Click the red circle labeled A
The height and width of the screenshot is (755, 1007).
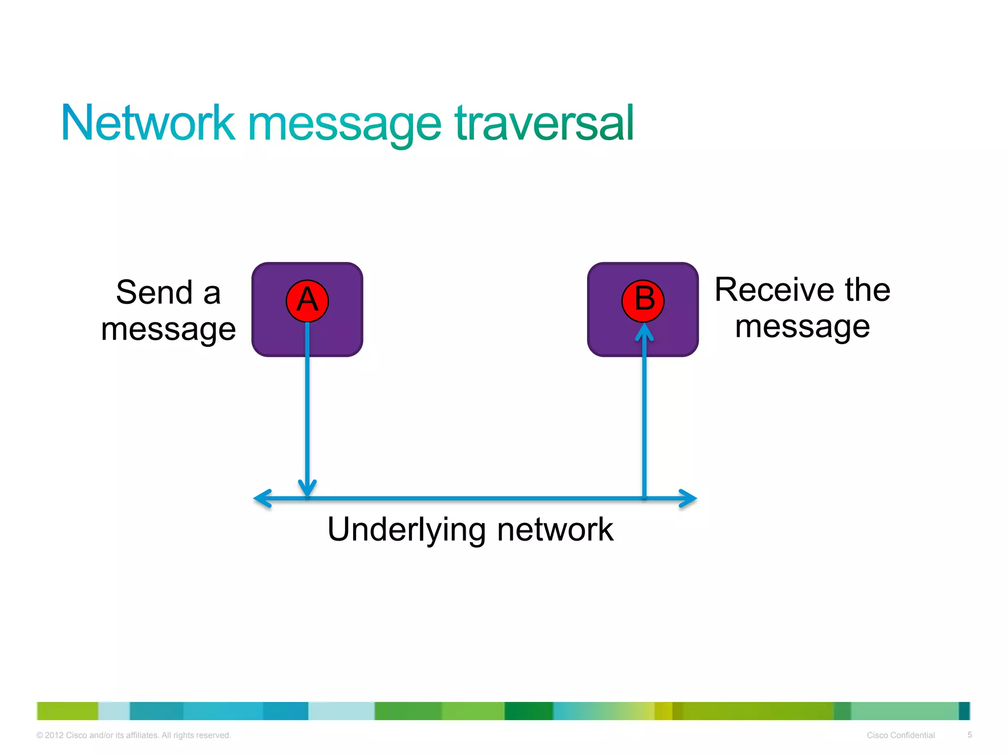coord(307,301)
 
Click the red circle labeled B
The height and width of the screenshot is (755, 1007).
coord(643,301)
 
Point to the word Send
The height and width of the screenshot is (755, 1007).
coord(154,292)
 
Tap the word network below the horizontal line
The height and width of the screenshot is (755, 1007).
coord(555,529)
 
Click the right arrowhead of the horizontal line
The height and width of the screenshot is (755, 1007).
coord(689,498)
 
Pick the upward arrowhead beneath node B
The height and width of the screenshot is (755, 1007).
coord(644,332)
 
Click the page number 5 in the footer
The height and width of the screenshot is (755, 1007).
coord(970,735)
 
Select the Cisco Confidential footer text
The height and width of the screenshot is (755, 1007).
coord(900,735)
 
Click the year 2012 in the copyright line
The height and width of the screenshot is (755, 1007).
coord(54,735)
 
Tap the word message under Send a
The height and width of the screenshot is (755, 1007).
coord(168,329)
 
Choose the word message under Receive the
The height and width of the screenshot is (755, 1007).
coord(802,327)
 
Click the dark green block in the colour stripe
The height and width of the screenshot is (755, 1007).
coord(529,711)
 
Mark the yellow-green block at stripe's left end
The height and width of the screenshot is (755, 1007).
coord(67,711)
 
